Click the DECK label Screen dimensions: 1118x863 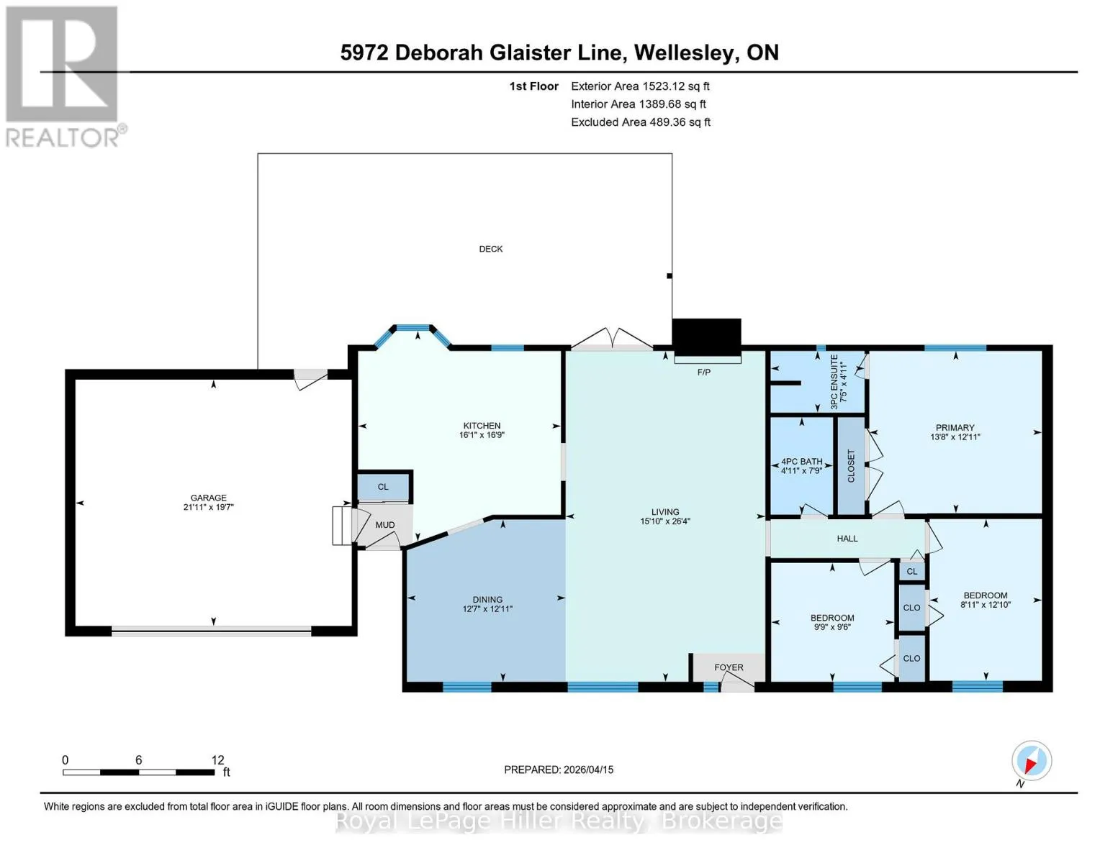(490, 249)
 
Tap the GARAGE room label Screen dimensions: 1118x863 (208, 498)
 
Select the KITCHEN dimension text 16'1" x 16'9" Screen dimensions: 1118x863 (482, 435)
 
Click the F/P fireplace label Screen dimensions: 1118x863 (703, 372)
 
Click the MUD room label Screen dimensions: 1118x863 (385, 525)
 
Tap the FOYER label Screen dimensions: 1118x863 (729, 667)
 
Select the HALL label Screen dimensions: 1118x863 (847, 539)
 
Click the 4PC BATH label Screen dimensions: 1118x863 (801, 462)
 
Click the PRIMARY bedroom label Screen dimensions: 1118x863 (955, 428)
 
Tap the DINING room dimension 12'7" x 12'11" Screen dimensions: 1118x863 (487, 609)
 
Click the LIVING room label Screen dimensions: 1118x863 (665, 512)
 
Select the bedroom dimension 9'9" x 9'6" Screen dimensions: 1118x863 (832, 627)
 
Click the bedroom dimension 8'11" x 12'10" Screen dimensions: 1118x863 (986, 605)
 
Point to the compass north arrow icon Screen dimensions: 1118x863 (1032, 760)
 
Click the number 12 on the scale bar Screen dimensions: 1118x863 (217, 759)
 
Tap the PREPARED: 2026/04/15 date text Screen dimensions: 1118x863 (559, 770)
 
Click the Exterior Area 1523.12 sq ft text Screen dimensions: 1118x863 (640, 86)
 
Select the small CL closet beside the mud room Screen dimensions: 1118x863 (383, 487)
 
